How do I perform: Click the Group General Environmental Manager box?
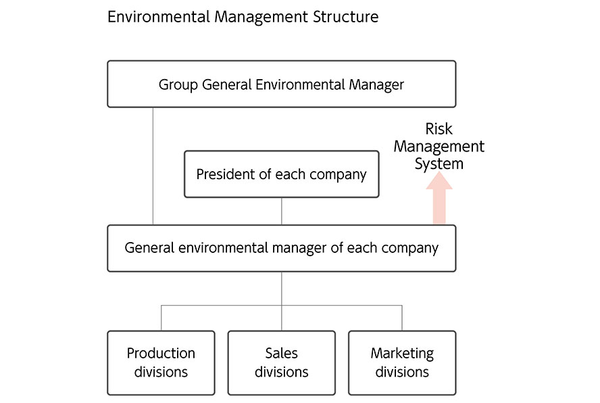(x=281, y=84)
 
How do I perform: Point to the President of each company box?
(x=281, y=174)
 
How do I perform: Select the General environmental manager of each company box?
(x=281, y=248)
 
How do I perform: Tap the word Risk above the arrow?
(x=439, y=129)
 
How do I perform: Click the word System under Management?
(x=439, y=164)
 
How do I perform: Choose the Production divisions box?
(x=161, y=362)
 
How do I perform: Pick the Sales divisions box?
(x=281, y=362)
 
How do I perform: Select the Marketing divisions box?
(x=402, y=362)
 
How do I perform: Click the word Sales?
(x=281, y=354)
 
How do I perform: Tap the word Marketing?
(x=402, y=354)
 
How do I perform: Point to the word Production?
(x=161, y=354)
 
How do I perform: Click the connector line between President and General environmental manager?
(x=282, y=211)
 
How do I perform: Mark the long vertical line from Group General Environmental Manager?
(x=153, y=166)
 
